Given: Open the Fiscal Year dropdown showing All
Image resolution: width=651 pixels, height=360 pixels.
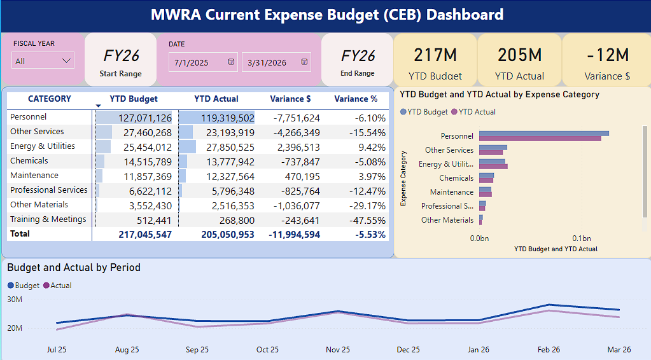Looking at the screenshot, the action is click(x=43, y=60).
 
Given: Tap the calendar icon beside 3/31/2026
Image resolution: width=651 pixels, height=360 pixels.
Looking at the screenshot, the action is click(x=304, y=62).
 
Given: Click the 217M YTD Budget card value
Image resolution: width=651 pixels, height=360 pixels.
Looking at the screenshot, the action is click(x=435, y=55).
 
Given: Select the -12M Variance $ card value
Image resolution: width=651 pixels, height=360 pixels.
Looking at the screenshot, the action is click(x=607, y=55).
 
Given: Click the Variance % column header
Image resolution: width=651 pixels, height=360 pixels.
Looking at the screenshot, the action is click(x=356, y=99).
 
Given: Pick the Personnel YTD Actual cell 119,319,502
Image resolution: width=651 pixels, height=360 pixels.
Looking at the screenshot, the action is click(x=228, y=118).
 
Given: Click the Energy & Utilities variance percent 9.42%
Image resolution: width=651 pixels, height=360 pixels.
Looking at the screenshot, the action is click(x=372, y=147).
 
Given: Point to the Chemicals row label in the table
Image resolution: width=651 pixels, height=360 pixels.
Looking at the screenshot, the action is click(x=29, y=160).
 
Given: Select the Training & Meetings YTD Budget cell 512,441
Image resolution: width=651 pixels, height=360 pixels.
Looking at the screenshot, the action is click(x=154, y=221).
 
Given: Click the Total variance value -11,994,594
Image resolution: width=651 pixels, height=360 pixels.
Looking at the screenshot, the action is click(x=295, y=235).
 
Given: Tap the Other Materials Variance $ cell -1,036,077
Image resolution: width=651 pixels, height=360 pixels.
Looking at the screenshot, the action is click(x=297, y=205).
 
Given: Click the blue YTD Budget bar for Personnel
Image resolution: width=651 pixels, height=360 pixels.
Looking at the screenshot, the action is click(x=544, y=134).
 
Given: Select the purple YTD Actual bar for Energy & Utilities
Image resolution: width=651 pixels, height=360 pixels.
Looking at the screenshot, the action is click(x=493, y=166).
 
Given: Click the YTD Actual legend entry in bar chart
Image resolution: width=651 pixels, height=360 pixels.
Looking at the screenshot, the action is click(x=473, y=111).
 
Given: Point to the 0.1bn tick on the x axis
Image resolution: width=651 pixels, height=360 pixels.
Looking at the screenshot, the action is click(x=581, y=239).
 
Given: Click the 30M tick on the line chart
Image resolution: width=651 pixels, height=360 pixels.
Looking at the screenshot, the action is click(x=15, y=300).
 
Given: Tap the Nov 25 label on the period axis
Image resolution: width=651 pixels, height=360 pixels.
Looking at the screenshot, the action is click(x=337, y=350).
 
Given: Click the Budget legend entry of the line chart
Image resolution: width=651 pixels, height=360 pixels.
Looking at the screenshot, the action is click(x=24, y=286).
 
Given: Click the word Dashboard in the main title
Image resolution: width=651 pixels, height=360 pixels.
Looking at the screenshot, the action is click(x=465, y=15).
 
